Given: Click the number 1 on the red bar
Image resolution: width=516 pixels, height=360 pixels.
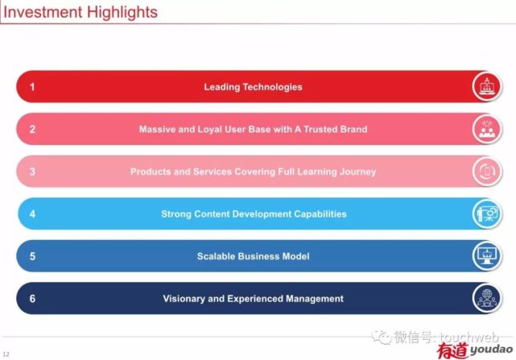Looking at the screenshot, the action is pyautogui.click(x=32, y=87).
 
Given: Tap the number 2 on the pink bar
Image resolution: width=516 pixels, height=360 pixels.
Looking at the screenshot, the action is pyautogui.click(x=32, y=129).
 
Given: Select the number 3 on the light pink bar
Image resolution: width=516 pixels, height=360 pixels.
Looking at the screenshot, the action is pyautogui.click(x=32, y=172).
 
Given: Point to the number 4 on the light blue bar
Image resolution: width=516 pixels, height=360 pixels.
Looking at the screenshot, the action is pyautogui.click(x=32, y=214).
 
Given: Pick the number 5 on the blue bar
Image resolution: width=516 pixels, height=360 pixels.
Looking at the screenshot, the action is pyautogui.click(x=32, y=256).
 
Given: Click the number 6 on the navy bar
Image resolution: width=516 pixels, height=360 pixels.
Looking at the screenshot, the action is pyautogui.click(x=32, y=299).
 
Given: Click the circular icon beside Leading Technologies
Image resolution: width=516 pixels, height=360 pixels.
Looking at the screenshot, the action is pyautogui.click(x=487, y=87).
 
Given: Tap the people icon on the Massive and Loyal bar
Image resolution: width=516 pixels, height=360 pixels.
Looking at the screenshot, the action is pyautogui.click(x=487, y=129).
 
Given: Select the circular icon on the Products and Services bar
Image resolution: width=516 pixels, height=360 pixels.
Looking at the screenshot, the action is pyautogui.click(x=487, y=172).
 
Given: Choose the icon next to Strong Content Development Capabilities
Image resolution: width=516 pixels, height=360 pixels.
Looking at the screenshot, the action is pyautogui.click(x=487, y=214).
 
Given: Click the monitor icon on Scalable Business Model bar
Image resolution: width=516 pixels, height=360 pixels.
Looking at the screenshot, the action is pyautogui.click(x=487, y=256).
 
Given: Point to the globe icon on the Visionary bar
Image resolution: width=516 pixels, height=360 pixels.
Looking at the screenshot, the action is pyautogui.click(x=487, y=299).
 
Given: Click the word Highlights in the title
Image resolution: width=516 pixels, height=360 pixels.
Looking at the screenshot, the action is pyautogui.click(x=122, y=13).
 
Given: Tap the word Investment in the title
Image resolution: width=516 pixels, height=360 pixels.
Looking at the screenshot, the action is pyautogui.click(x=43, y=12).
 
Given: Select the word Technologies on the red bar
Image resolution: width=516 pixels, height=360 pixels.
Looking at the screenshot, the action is pyautogui.click(x=272, y=87).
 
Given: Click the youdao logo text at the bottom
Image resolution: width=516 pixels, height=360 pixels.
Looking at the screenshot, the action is pyautogui.click(x=492, y=350).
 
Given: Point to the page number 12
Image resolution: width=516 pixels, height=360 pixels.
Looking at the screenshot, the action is pyautogui.click(x=6, y=354).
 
